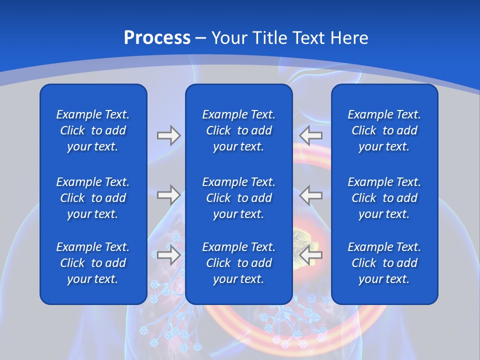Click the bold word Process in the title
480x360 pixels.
157,38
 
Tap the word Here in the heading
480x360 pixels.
349,38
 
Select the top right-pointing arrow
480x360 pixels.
168,135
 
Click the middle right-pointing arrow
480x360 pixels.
168,194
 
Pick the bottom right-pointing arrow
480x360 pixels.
168,255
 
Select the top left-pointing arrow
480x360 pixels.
311,135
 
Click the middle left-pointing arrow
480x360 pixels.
311,194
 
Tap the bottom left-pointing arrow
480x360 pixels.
311,255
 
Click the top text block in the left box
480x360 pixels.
93,130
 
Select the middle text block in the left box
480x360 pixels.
93,198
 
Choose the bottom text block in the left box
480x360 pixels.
93,263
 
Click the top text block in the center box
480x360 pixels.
238,130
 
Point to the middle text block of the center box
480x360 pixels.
238,198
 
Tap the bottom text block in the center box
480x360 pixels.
238,263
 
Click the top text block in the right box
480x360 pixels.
384,130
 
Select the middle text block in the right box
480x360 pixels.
384,198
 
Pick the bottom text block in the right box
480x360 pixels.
384,263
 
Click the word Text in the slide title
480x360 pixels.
310,38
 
